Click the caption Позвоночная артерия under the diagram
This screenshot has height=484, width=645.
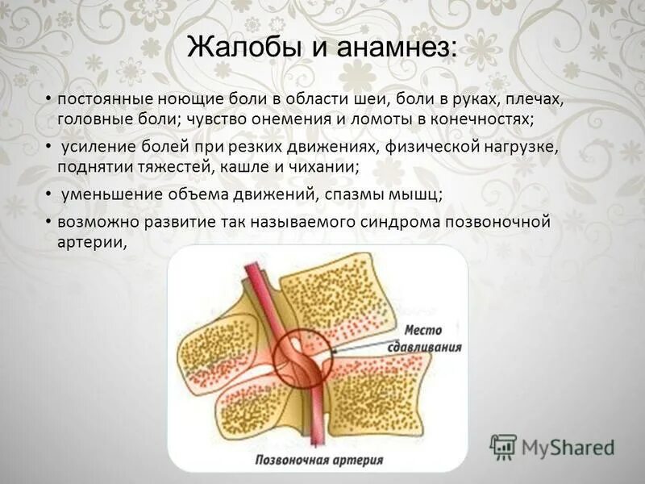tap(318, 461)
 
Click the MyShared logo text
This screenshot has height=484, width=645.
tap(568, 446)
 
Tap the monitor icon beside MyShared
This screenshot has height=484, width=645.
tap(503, 446)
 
